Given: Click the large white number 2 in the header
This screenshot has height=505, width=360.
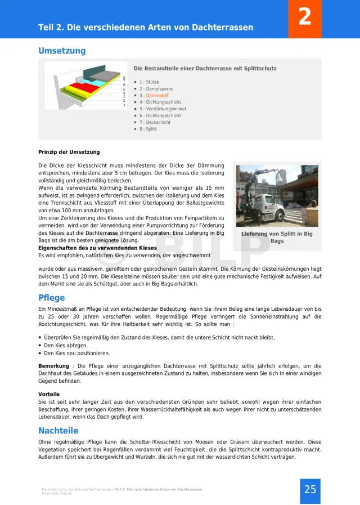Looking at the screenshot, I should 304,17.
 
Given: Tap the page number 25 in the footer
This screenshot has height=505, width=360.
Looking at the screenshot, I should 310,489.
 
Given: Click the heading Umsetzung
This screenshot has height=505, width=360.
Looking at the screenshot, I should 62,51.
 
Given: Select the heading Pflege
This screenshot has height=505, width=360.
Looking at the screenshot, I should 52,298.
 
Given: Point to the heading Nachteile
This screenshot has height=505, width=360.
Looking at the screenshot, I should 58,431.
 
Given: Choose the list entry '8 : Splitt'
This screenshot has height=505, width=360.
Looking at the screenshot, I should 148,129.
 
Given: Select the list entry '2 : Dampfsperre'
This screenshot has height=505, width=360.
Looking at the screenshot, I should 156,89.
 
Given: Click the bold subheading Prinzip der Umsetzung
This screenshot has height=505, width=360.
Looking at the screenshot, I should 69,152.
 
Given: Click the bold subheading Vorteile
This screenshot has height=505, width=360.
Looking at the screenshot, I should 49,394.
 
